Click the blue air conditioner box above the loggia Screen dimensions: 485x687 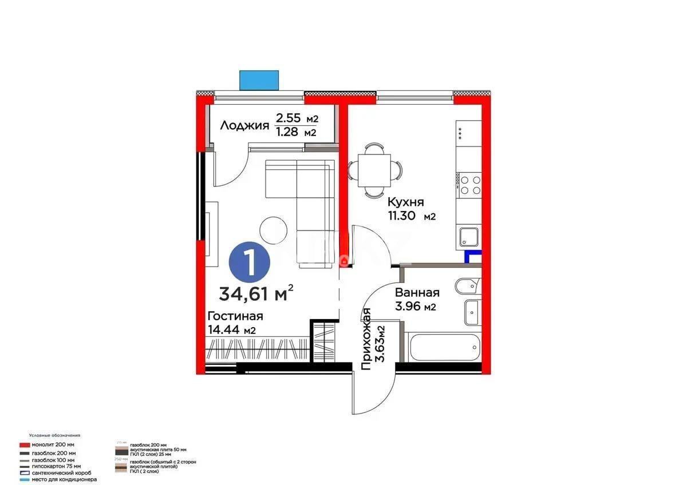click(x=259, y=80)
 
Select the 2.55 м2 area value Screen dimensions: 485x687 click(x=297, y=118)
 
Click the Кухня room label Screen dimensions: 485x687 click(x=405, y=202)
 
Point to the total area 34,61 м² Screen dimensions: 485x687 click(x=256, y=293)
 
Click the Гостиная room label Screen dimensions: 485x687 click(x=235, y=316)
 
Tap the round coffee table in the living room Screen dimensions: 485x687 click(x=274, y=230)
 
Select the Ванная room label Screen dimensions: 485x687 click(x=417, y=292)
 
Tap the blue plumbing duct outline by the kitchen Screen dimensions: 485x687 click(x=473, y=257)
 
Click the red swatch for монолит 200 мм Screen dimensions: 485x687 click(x=24, y=444)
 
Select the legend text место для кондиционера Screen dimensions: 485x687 click(x=64, y=479)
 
